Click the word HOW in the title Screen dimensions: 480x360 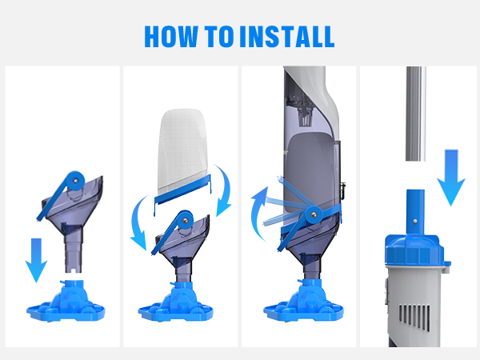(x=171, y=37)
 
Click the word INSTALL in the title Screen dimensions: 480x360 (x=287, y=37)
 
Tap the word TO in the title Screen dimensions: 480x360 (x=219, y=37)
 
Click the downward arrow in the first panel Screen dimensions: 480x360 (x=36, y=260)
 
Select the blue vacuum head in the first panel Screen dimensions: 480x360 (x=66, y=301)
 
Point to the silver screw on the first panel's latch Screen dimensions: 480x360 (x=75, y=181)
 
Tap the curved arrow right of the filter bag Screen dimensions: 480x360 (x=226, y=190)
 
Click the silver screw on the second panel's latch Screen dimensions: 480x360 (x=185, y=219)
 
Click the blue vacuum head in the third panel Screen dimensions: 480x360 (x=303, y=301)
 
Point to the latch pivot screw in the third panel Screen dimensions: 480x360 (x=313, y=214)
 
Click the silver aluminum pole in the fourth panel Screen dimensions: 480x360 (x=415, y=114)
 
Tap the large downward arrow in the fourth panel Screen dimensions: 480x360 (x=451, y=178)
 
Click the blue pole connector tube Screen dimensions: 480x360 (x=415, y=212)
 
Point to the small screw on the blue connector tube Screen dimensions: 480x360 (x=414, y=221)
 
